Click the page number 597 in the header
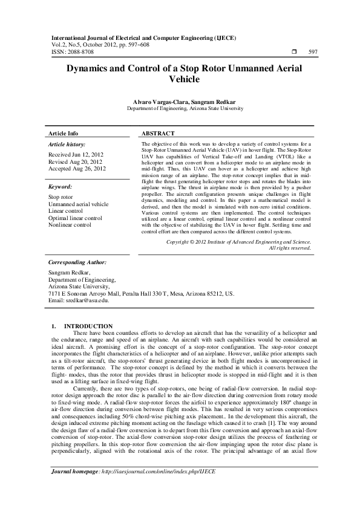(313, 53)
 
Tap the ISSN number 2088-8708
(79, 53)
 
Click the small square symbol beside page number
(293, 53)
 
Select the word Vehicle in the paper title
(185, 79)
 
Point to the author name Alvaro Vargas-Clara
(157, 102)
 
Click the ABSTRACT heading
(158, 133)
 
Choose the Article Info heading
(64, 133)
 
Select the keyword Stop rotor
(61, 197)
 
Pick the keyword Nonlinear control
(70, 224)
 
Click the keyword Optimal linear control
(75, 218)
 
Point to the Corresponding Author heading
(77, 263)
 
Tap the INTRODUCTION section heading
(88, 326)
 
